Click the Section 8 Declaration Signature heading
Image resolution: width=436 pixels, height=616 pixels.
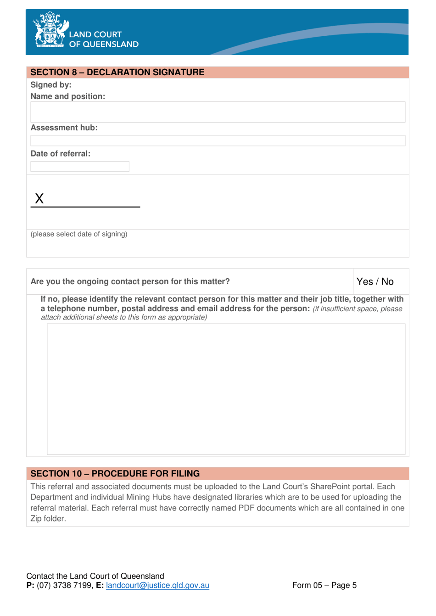pos(117,72)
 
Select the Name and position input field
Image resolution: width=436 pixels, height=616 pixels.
pos(218,112)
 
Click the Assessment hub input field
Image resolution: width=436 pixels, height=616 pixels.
pos(218,140)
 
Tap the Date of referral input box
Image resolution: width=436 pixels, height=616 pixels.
pos(80,166)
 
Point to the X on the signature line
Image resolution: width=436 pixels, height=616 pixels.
pos(39,198)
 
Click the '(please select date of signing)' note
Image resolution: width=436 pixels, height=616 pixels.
pos(79,234)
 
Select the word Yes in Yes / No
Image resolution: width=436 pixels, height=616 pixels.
pos(364,282)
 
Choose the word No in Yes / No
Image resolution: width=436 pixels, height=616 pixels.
pos(387,282)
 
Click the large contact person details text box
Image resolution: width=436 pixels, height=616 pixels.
pos(226,389)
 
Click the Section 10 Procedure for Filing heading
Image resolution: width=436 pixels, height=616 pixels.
pos(115,473)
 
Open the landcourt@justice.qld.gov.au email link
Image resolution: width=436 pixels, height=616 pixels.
pos(157,585)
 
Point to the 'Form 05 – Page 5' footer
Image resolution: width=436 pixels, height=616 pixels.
pos(324,585)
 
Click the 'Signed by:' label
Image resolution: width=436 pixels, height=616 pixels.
pos(51,85)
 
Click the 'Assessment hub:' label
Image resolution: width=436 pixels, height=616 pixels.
pos(64,128)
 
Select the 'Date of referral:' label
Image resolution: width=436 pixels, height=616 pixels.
pos(60,154)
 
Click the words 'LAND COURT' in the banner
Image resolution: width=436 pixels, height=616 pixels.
pos(95,34)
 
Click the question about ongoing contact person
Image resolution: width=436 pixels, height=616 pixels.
pos(130,281)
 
